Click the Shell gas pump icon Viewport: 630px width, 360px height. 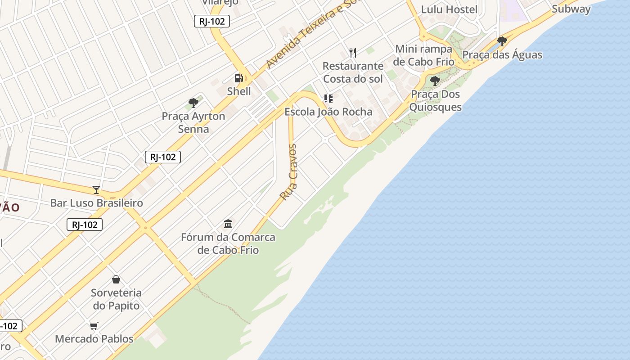pyautogui.click(x=238, y=78)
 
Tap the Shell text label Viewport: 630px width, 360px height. pyautogui.click(x=238, y=91)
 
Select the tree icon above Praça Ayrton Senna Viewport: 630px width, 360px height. pyautogui.click(x=193, y=103)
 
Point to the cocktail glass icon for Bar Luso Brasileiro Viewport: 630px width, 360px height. pyautogui.click(x=96, y=189)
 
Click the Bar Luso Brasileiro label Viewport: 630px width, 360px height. pyautogui.click(x=96, y=203)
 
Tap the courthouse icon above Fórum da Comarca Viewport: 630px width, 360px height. pyautogui.click(x=228, y=224)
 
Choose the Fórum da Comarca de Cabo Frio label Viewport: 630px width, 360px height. pyautogui.click(x=228, y=243)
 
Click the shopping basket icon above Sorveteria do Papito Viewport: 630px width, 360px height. pyautogui.click(x=116, y=279)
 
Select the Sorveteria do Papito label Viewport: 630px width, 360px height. pyautogui.click(x=116, y=299)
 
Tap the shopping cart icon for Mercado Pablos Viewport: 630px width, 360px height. pyautogui.click(x=94, y=326)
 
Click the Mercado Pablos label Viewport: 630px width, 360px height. pyautogui.click(x=94, y=339)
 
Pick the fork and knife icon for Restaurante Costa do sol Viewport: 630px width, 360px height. pyautogui.click(x=353, y=53)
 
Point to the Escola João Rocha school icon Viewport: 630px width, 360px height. pyautogui.click(x=328, y=98)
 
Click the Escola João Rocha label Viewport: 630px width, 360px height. pyautogui.click(x=328, y=112)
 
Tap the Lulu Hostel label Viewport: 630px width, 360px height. pyautogui.click(x=449, y=9)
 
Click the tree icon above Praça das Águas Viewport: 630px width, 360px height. pyautogui.click(x=502, y=41)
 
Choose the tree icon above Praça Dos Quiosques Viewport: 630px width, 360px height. pyautogui.click(x=435, y=81)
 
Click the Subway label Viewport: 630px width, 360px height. pyautogui.click(x=571, y=9)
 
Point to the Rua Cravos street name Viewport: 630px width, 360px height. pyautogui.click(x=288, y=172)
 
